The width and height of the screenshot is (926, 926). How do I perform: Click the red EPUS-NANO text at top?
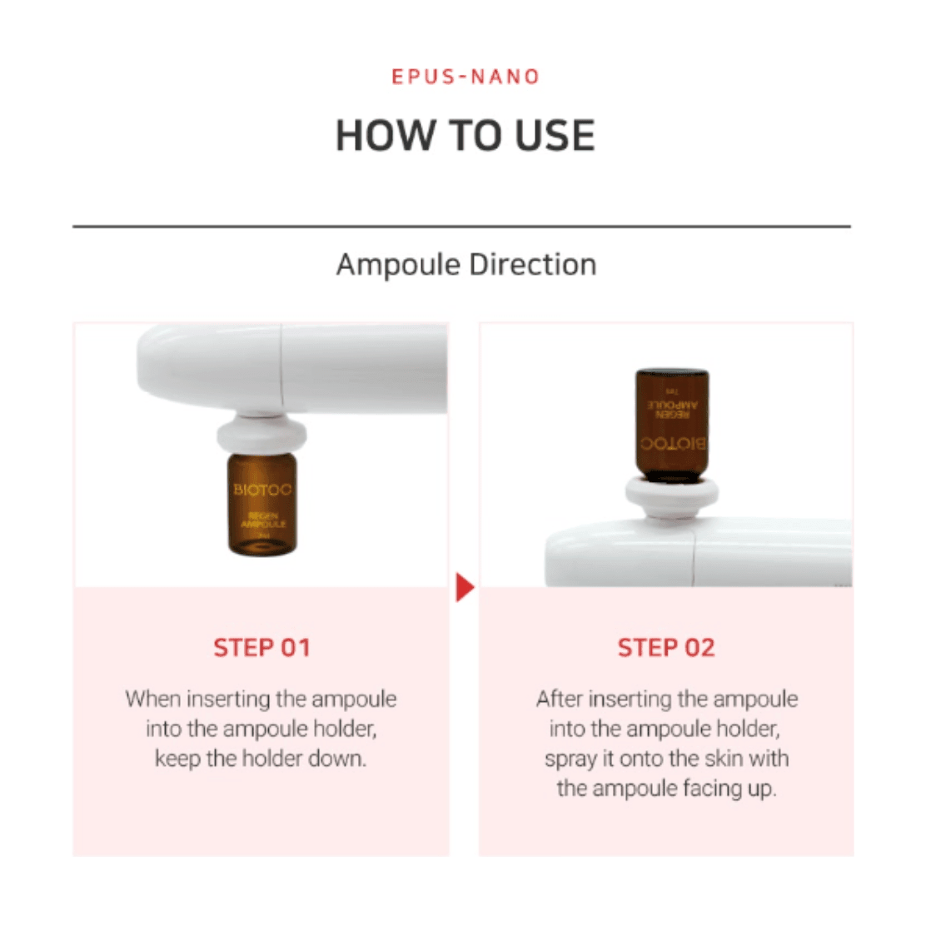click(x=465, y=77)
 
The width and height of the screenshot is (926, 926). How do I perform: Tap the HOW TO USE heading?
click(x=465, y=135)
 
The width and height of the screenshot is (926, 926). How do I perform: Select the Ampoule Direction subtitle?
click(x=465, y=265)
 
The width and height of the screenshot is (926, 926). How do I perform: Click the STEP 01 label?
click(x=261, y=648)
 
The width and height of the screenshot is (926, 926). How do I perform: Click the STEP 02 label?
click(x=666, y=648)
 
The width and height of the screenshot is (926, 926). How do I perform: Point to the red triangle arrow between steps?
click(x=464, y=588)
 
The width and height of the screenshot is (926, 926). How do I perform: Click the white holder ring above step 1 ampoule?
click(x=261, y=436)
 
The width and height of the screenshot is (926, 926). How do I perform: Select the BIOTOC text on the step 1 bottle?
click(x=262, y=490)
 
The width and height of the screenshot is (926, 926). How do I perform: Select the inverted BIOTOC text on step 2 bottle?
click(x=672, y=444)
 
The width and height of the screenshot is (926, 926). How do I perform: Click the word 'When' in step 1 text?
click(x=152, y=699)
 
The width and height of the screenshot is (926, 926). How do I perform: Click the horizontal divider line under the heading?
click(x=461, y=226)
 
